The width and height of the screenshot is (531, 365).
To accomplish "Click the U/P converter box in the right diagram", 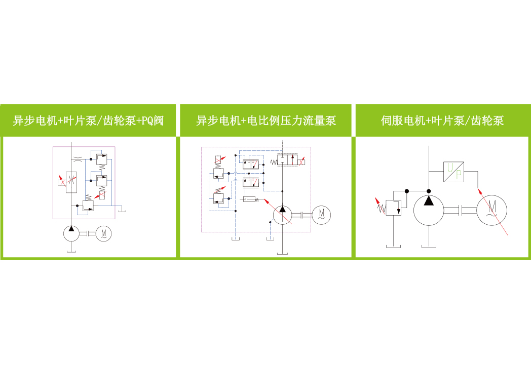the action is pyautogui.click(x=454, y=172).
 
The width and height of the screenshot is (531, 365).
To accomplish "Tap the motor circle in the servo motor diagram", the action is pyautogui.click(x=491, y=210).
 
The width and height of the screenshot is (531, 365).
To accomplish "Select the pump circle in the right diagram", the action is pyautogui.click(x=429, y=210).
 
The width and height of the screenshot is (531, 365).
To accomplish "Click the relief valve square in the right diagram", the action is pyautogui.click(x=394, y=208).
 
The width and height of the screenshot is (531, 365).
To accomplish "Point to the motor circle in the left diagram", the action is pyautogui.click(x=104, y=233).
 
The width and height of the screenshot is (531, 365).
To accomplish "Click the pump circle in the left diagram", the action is pyautogui.click(x=71, y=233).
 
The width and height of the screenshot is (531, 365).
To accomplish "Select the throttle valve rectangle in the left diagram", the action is pyautogui.click(x=71, y=182).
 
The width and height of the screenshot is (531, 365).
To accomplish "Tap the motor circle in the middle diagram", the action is pyautogui.click(x=321, y=215).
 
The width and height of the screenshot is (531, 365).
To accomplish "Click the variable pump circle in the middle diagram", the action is pyautogui.click(x=282, y=215).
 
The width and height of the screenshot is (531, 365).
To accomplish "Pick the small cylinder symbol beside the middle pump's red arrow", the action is pyautogui.click(x=249, y=199).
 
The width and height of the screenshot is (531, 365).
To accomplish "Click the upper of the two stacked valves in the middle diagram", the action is pyautogui.click(x=251, y=165).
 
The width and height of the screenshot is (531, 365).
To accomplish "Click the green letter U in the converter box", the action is pyautogui.click(x=450, y=168).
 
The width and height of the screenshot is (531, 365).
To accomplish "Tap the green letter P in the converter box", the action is pyautogui.click(x=459, y=175).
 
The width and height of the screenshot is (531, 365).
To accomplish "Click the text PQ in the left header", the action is pyautogui.click(x=147, y=121).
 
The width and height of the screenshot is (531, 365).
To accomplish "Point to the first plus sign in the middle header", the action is pyautogui.click(x=244, y=121).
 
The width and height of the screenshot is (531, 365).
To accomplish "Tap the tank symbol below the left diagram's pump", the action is pyautogui.click(x=71, y=251).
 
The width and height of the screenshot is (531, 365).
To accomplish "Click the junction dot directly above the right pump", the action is pyautogui.click(x=429, y=191).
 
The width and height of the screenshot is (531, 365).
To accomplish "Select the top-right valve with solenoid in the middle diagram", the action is pyautogui.click(x=287, y=160).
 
